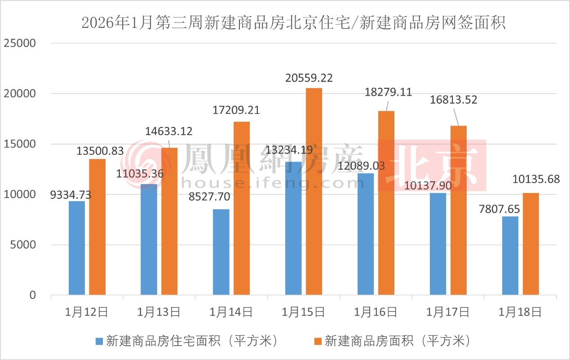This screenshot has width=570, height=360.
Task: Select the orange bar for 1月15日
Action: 314,191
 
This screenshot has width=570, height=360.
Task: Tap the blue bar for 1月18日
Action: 510,255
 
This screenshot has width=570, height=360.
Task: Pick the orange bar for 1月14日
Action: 242,208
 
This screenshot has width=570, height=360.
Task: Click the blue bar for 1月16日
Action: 366,234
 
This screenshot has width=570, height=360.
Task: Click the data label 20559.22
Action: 309,78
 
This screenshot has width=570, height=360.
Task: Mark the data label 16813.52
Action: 454,100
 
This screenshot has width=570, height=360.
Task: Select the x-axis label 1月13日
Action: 159,312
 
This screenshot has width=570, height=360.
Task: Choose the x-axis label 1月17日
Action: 448,312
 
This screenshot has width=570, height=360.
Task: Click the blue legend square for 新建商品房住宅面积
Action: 99,341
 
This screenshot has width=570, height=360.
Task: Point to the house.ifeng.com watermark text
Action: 272,183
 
